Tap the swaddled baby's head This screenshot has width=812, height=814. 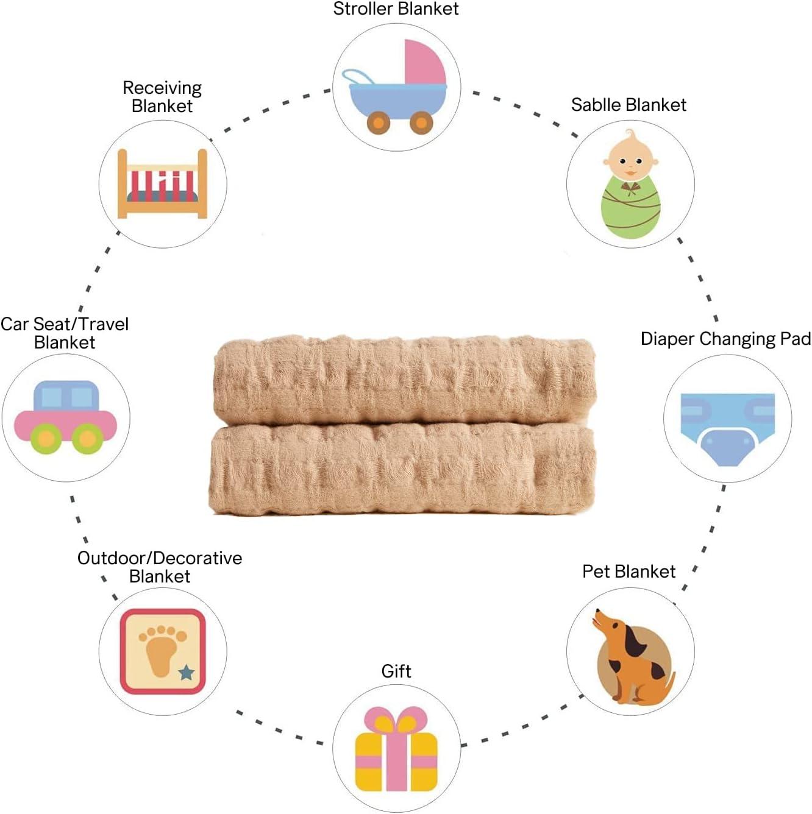coord(630,160)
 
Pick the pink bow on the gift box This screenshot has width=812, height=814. coord(396,722)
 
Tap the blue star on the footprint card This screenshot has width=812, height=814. coord(187,673)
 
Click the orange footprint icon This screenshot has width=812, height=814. coord(162,649)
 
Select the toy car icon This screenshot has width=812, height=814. coord(65,417)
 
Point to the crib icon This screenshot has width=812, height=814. coord(163,184)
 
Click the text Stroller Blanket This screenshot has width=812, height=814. coord(396,9)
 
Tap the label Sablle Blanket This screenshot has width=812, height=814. coord(629,105)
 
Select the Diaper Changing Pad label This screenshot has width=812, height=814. coord(725,339)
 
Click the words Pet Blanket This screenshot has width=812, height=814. coord(629,572)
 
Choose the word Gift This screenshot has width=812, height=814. coord(396,671)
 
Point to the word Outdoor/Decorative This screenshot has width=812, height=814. coord(160,558)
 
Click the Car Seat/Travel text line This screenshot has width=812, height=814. coord(65,324)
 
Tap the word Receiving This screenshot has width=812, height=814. coord(162,88)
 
